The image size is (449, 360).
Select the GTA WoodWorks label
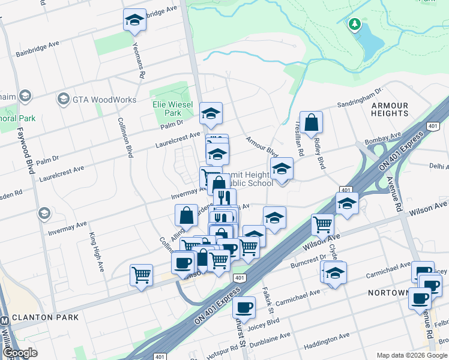pyautogui.click(x=106, y=98)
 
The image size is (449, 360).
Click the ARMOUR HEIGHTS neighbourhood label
pyautogui.click(x=390, y=109)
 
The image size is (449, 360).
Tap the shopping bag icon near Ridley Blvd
pyautogui.click(x=312, y=123)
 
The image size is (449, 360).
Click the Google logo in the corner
pyautogui.click(x=20, y=353)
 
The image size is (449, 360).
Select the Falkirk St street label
pyautogui.click(x=268, y=301)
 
